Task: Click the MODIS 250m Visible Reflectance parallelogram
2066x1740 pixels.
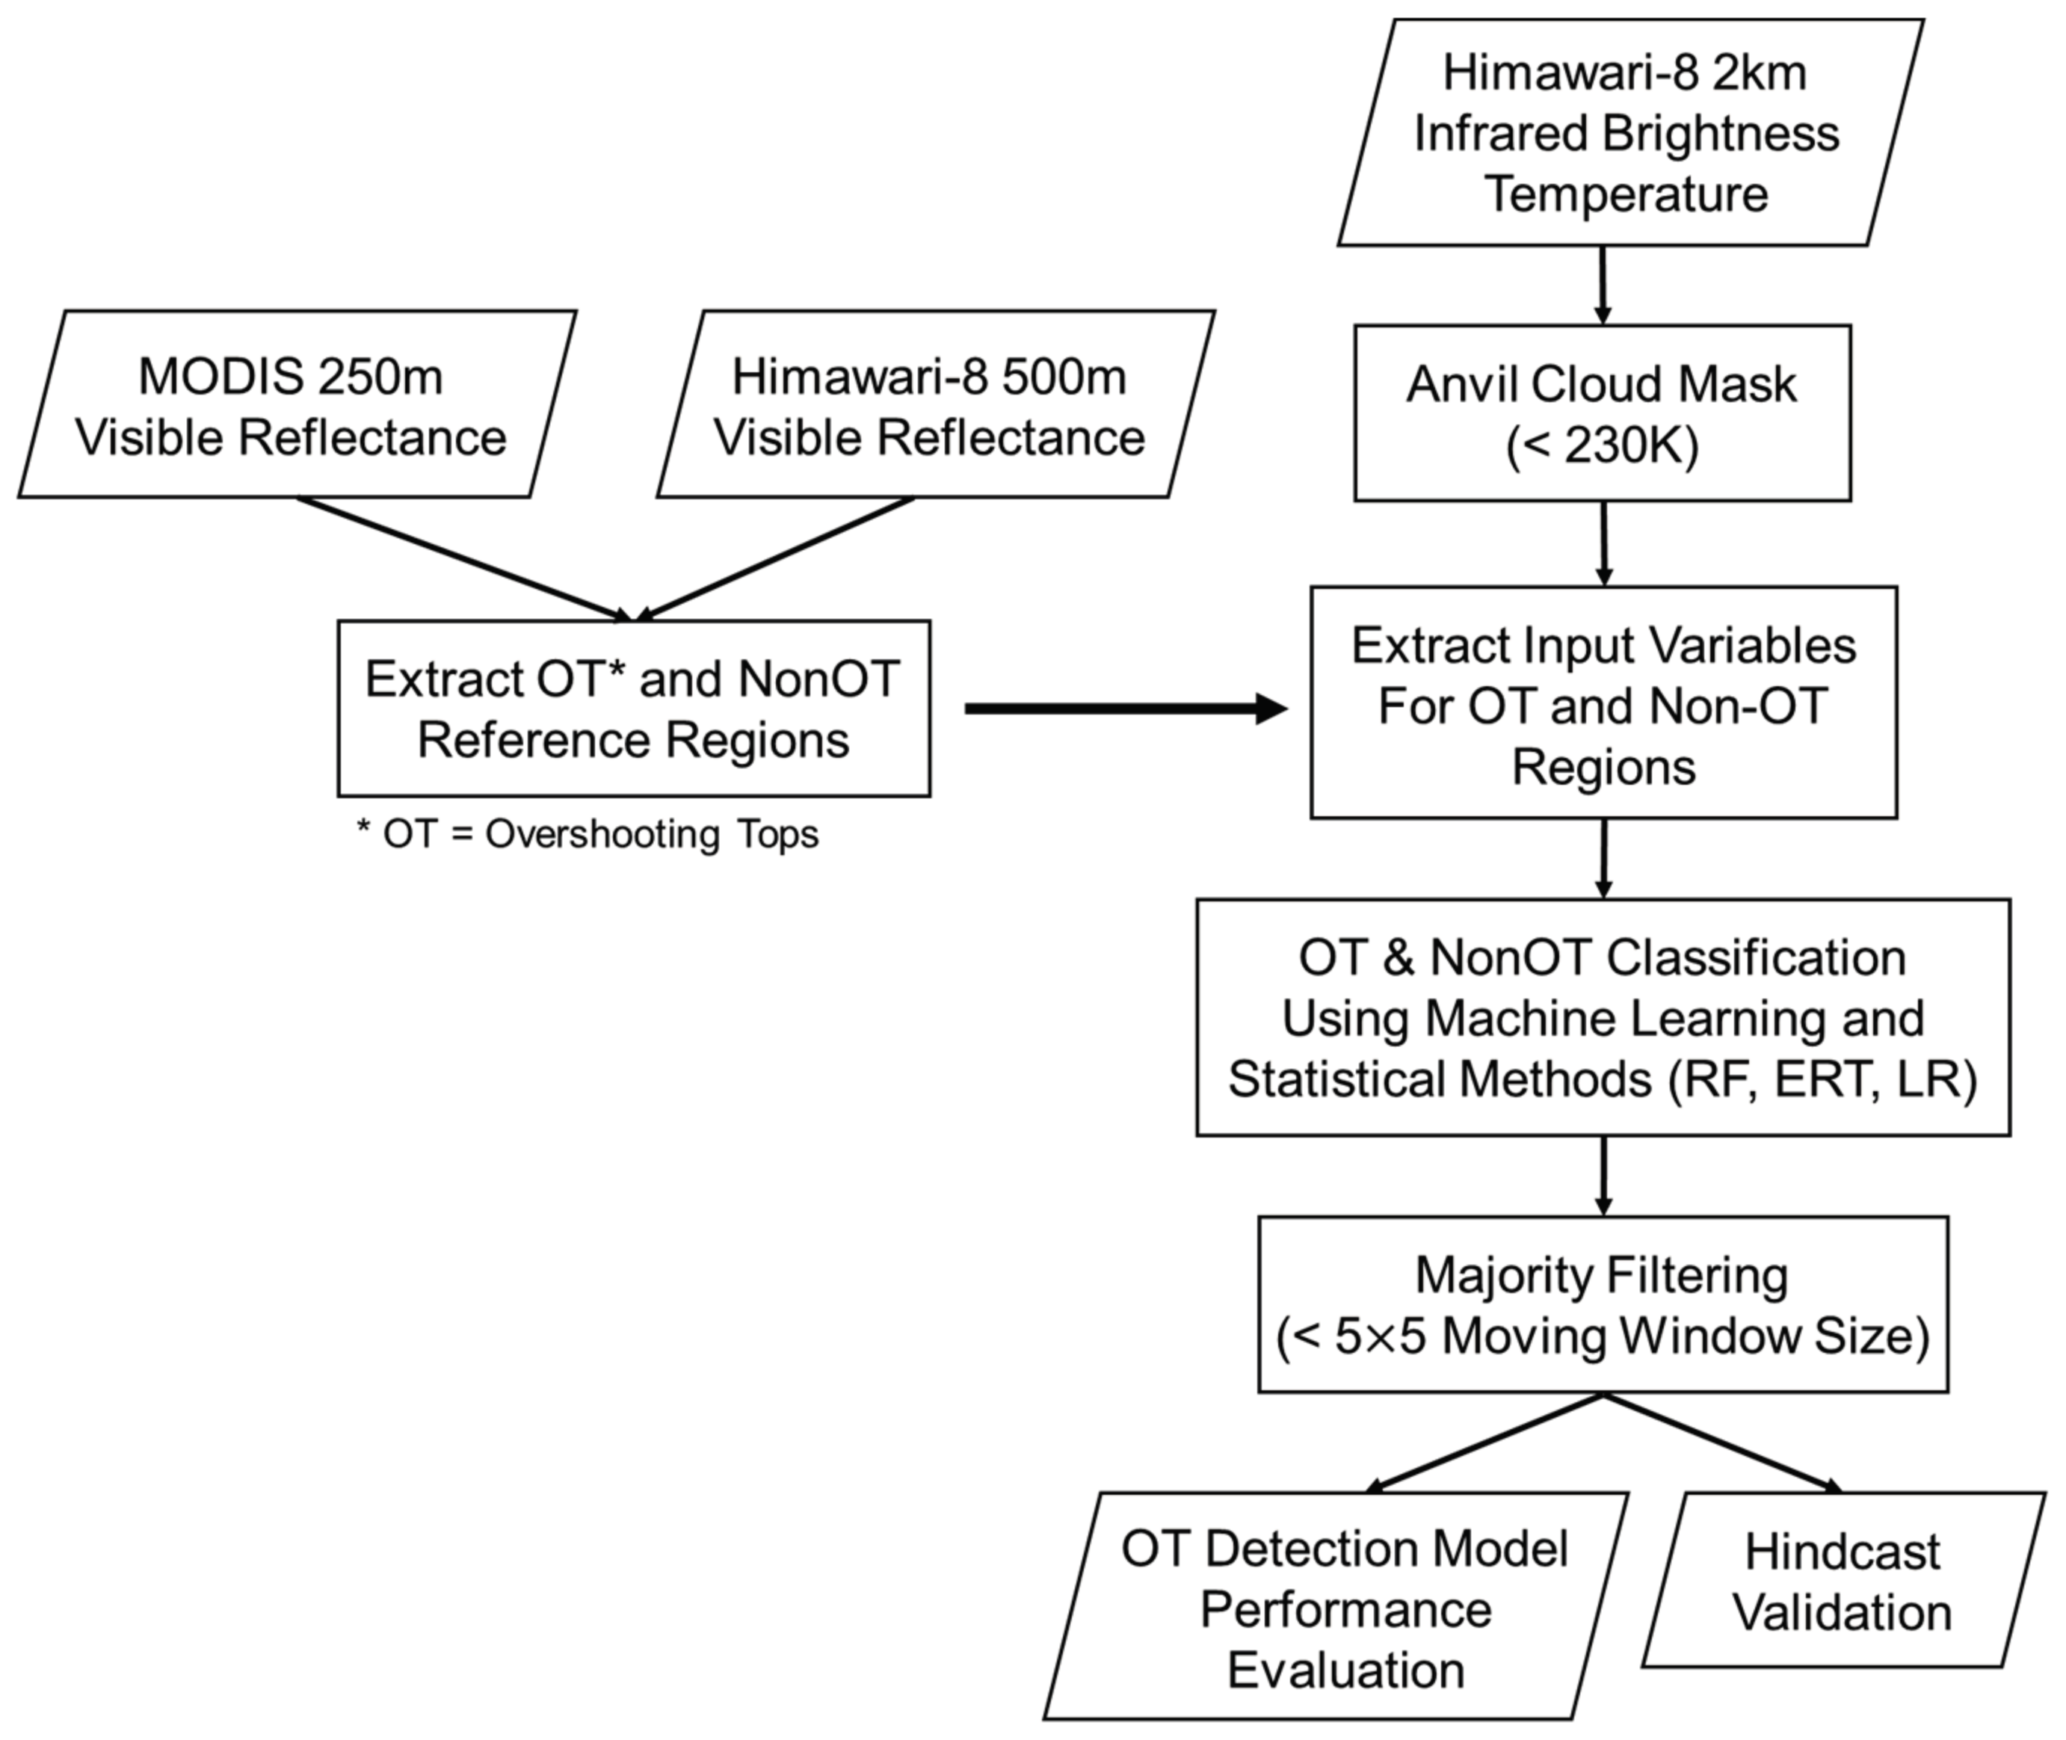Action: (x=296, y=404)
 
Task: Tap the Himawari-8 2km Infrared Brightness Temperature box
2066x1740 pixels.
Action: (x=1628, y=133)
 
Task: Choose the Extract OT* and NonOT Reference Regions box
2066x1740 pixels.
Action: (x=632, y=709)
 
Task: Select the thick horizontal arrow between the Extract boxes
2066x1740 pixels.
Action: (x=1125, y=709)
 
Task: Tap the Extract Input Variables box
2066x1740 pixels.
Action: (x=1603, y=703)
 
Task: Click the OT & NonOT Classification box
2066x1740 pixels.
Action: (x=1603, y=1017)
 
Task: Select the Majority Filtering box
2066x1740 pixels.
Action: (x=1603, y=1304)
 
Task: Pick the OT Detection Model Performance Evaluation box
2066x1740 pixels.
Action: (x=1342, y=1608)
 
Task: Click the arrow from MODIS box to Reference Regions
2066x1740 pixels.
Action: (x=463, y=559)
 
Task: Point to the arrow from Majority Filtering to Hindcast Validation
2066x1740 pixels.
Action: (x=1721, y=1441)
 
